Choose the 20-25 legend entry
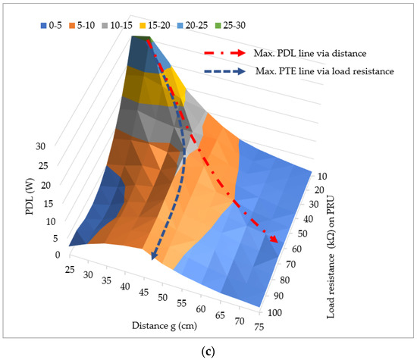tap(245, 24)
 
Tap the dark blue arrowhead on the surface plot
tap(155, 255)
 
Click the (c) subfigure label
tap(208, 352)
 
